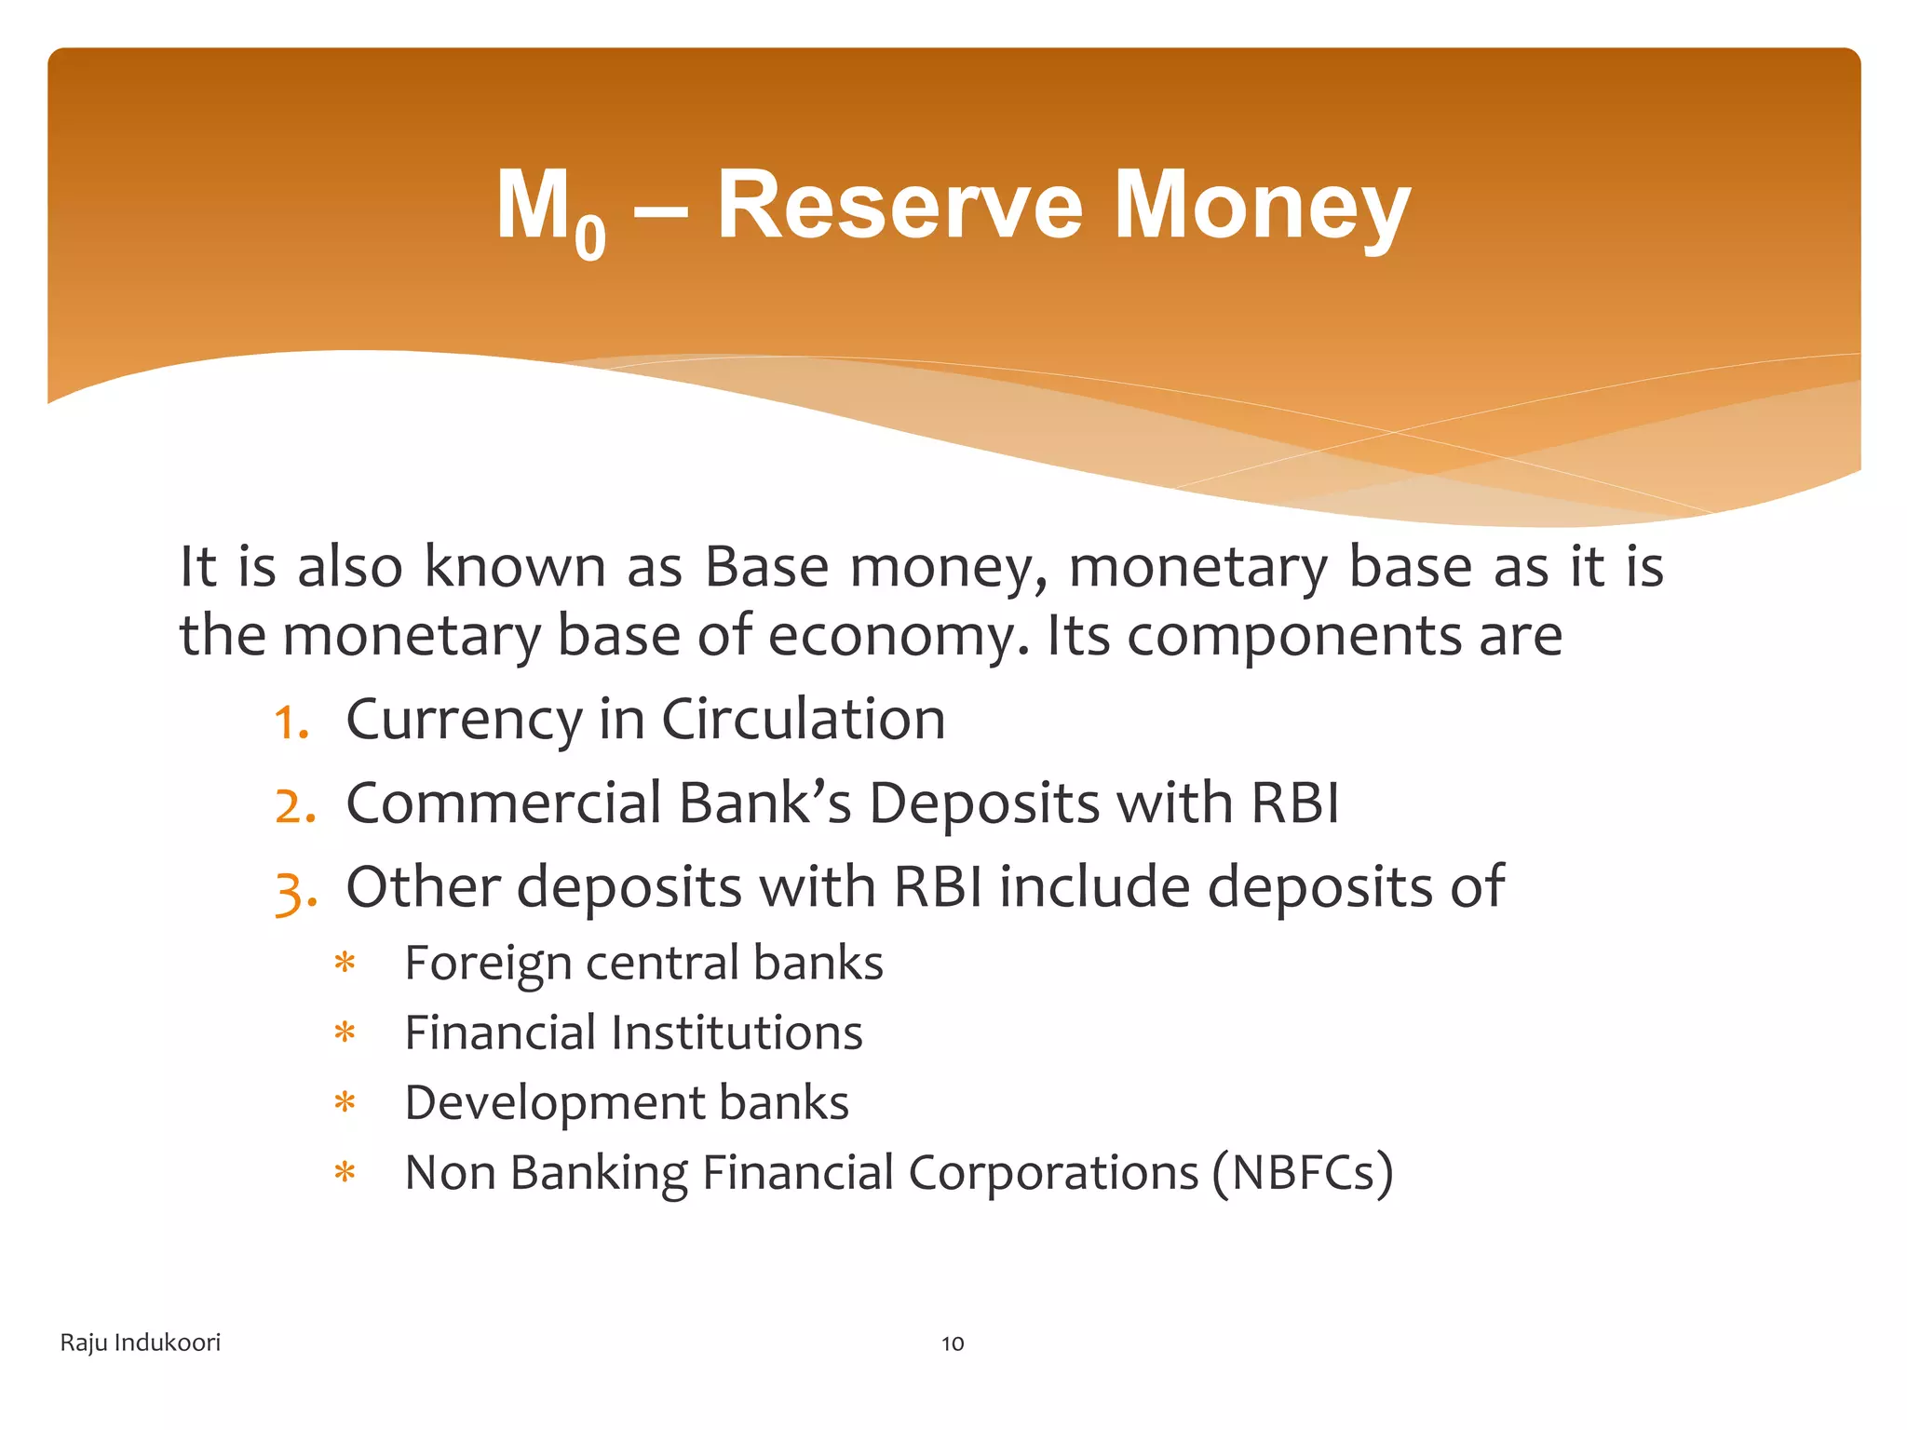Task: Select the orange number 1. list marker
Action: point(291,722)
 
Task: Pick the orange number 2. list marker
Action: point(295,805)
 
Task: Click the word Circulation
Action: point(803,720)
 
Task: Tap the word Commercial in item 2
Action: point(503,803)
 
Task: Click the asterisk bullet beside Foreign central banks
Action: point(345,964)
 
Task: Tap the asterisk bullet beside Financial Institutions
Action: point(345,1033)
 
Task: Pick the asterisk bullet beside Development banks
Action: point(345,1103)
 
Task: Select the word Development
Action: point(553,1103)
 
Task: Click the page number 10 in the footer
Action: point(953,1343)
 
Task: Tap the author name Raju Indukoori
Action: point(141,1342)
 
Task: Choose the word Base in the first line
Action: point(765,566)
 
